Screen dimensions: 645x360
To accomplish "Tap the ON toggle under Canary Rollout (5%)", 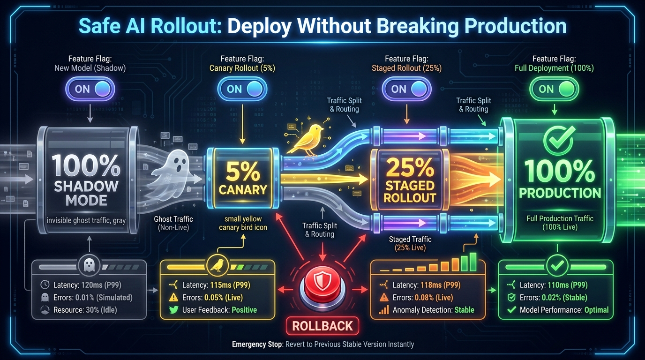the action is [x=242, y=89].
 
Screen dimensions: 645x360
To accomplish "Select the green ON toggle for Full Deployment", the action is [x=554, y=89].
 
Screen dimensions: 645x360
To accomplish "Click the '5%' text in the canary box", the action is [x=243, y=172].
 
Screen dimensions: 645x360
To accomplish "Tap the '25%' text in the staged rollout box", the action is [x=410, y=168].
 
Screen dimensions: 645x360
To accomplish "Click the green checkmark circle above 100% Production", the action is [x=559, y=139].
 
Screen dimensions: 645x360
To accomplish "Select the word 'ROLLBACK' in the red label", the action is [x=322, y=326].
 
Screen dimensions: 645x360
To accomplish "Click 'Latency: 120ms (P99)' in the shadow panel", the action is [x=87, y=285].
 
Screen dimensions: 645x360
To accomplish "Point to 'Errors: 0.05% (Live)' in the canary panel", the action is [x=212, y=298].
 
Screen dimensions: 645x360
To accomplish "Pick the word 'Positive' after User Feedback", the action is [x=244, y=310].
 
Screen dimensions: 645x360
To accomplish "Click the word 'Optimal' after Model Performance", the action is [x=596, y=310].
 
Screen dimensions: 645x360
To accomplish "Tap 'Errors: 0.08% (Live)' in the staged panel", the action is [x=423, y=298].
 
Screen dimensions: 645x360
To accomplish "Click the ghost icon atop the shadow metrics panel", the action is [x=89, y=265].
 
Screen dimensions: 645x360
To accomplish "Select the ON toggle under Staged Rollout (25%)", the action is [x=406, y=89].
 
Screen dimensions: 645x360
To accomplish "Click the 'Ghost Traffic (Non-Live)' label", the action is [x=173, y=223].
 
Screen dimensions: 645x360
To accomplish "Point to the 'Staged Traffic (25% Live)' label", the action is [x=410, y=243].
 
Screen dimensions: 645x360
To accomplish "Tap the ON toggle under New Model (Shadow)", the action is [x=90, y=89].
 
